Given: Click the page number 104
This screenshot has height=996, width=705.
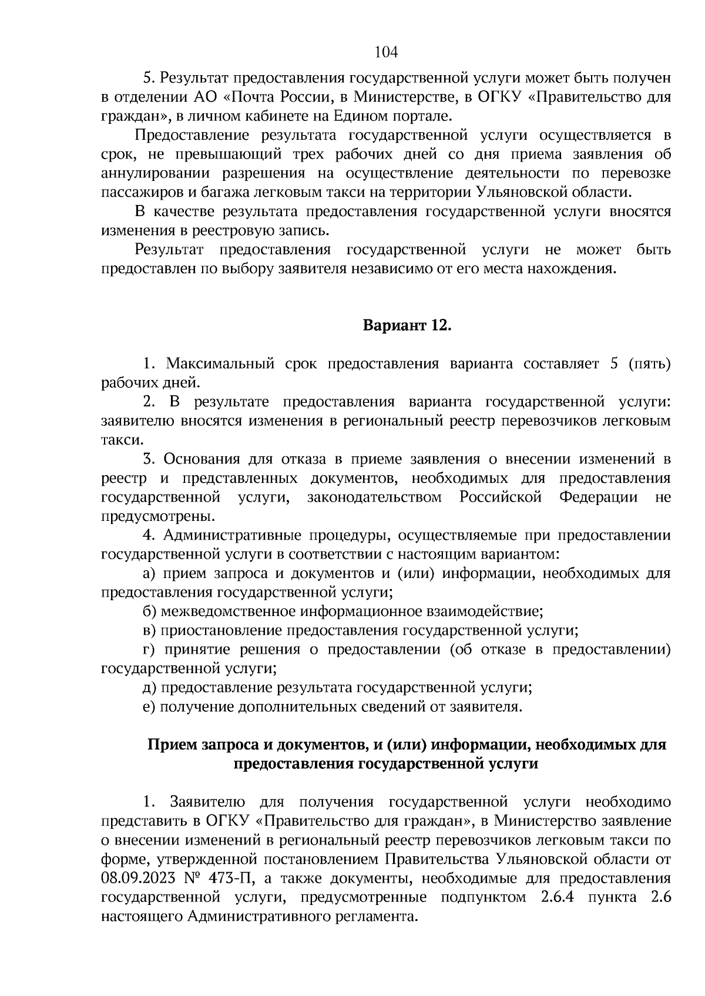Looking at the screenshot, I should pyautogui.click(x=386, y=52).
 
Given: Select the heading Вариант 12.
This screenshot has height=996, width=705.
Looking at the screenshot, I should pyautogui.click(x=406, y=325).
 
